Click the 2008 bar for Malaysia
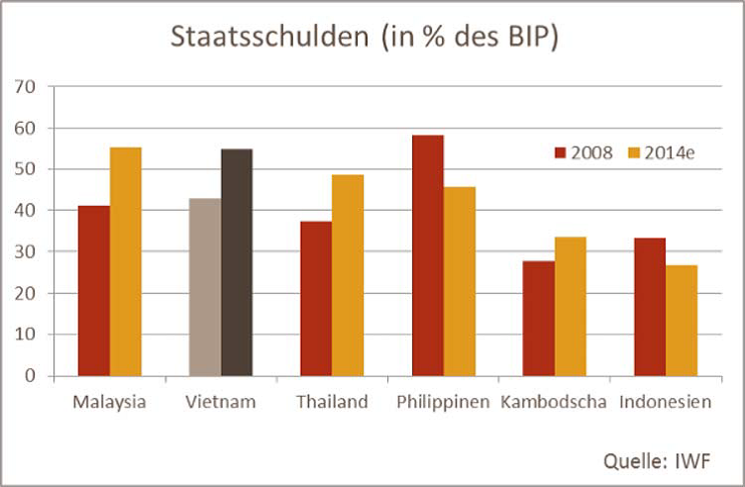[94, 291]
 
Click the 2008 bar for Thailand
[316, 298]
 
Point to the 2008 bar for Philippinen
[427, 255]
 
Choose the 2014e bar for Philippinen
[459, 281]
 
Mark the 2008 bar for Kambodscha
[538, 318]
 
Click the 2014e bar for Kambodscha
[570, 306]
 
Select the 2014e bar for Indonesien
[681, 320]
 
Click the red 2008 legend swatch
[559, 152]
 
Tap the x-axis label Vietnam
[220, 402]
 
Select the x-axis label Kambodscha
[554, 402]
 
